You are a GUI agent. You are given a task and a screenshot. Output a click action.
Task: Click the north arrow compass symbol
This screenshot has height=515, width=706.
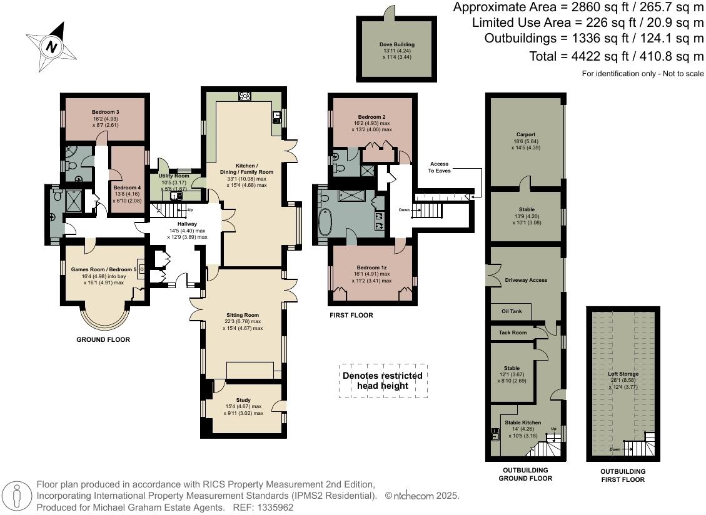51,46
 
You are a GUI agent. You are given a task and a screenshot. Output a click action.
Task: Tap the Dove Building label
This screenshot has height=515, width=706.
396,45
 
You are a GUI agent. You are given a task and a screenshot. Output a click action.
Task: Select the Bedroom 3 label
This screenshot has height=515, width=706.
105,112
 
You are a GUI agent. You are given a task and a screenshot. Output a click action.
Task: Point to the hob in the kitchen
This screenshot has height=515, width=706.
245,96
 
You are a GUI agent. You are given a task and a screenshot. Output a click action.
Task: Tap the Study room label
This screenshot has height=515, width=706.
243,400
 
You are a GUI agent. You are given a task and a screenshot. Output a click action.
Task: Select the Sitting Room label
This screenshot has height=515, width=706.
243,315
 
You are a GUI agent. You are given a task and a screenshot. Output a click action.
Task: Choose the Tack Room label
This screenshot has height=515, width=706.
513,332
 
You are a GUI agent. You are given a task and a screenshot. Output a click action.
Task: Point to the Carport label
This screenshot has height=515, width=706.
525,134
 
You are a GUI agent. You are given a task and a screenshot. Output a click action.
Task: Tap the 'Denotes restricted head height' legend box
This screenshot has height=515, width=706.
383,381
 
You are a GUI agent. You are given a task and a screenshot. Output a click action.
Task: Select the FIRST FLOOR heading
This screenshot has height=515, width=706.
351,316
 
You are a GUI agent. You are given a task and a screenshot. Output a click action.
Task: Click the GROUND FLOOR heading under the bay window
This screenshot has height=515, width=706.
103,340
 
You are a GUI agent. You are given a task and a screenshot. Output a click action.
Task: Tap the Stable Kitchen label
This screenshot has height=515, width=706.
523,422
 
